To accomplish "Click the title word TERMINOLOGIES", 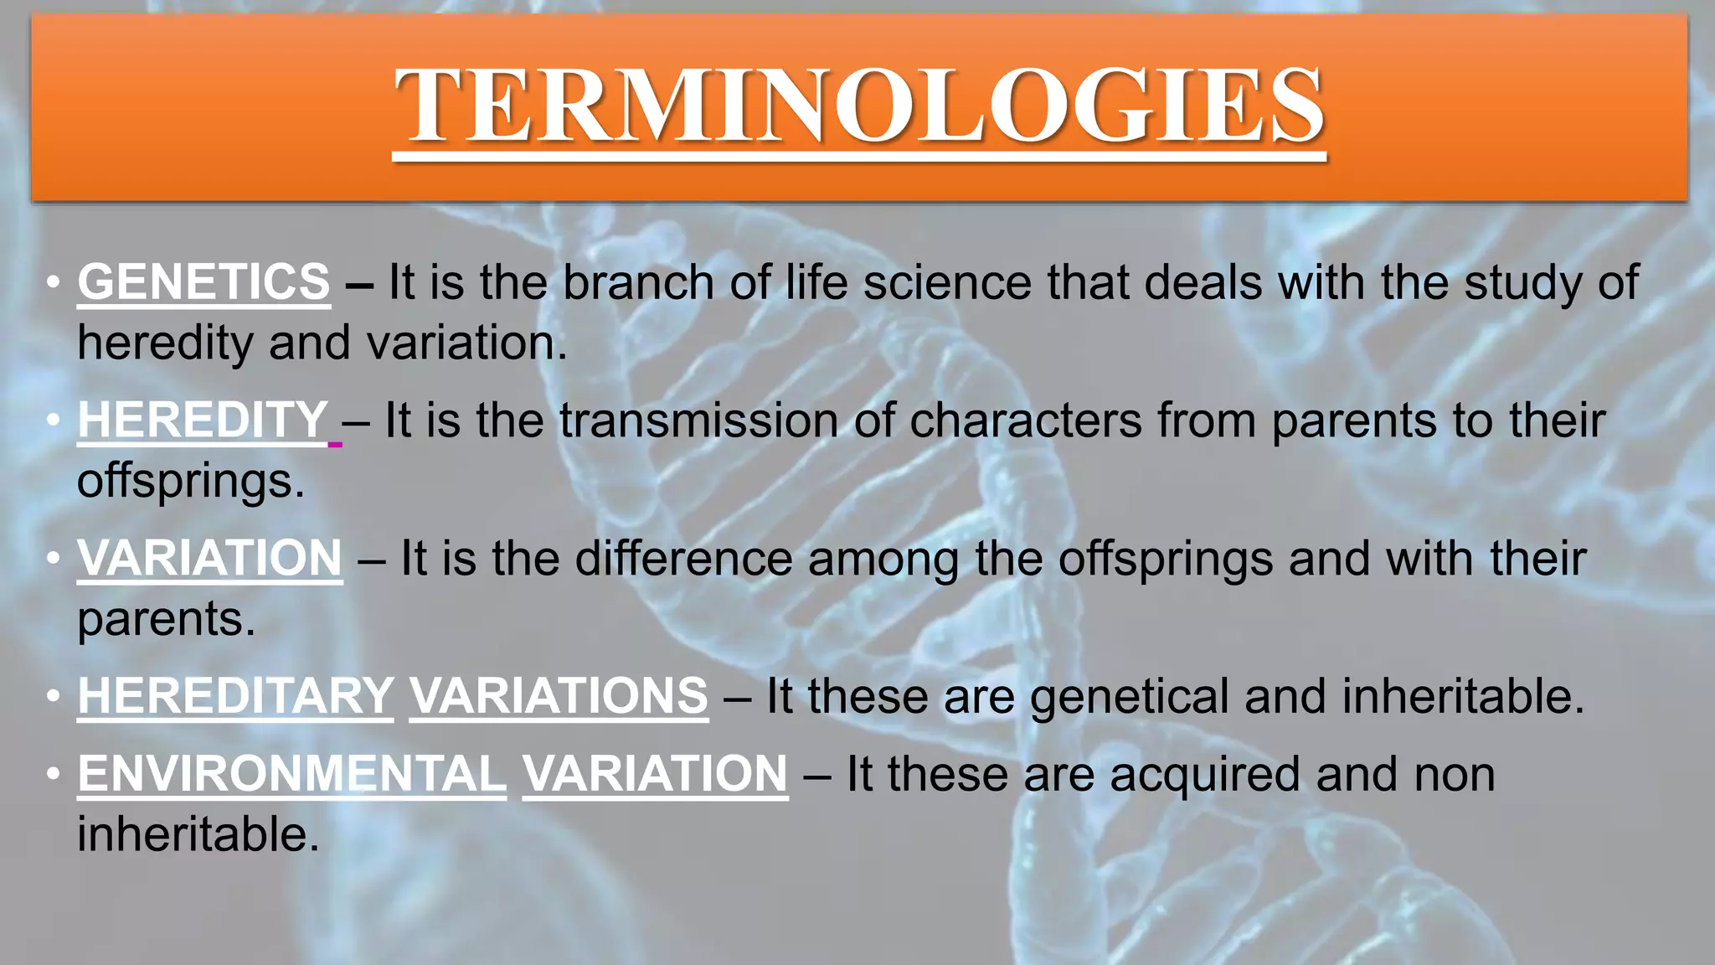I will click(859, 106).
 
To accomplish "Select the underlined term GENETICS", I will click(203, 281).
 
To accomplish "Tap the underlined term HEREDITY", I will click(203, 420).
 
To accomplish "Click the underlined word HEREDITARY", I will click(235, 696).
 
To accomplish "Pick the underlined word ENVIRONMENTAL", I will click(291, 773).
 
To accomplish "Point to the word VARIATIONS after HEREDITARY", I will click(559, 696).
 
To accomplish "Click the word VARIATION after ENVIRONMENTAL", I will click(655, 773).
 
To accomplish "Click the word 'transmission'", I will click(698, 420).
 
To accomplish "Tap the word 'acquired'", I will click(1204, 775).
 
